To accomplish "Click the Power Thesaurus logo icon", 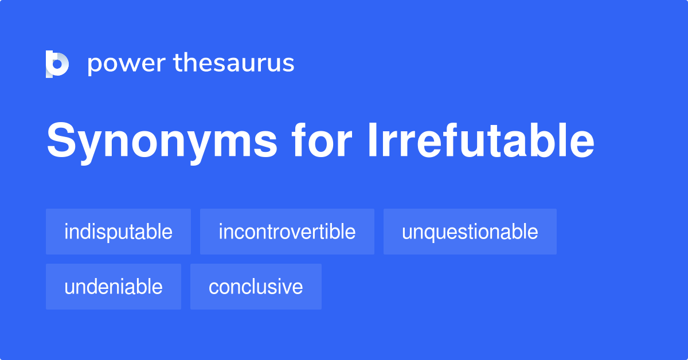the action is click(x=57, y=64).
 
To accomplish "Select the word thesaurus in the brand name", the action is click(x=234, y=62).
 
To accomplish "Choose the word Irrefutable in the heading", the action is click(x=480, y=140).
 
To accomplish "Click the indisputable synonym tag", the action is click(x=118, y=232).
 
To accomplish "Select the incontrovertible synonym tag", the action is click(x=287, y=232).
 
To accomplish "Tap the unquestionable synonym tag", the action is click(x=470, y=232).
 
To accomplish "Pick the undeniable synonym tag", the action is click(x=114, y=287).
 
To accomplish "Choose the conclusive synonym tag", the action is click(x=256, y=287).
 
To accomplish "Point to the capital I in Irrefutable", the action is click(x=372, y=140).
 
